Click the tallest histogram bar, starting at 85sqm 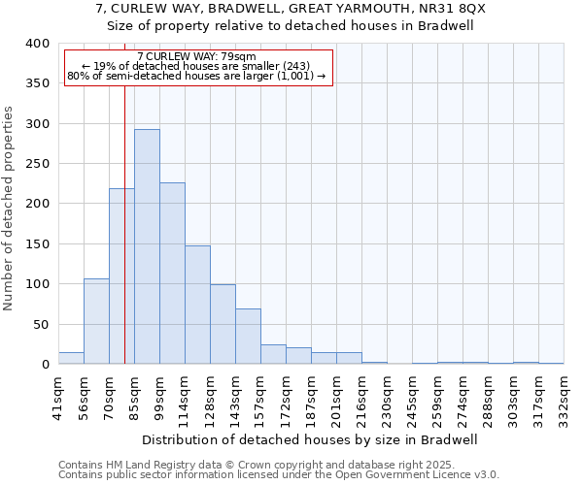pos(147,246)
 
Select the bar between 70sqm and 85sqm pos(121,276)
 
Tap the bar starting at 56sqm pos(96,321)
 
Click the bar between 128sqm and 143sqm pos(223,324)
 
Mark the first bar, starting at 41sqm pos(71,358)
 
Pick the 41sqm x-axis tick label pos(58,395)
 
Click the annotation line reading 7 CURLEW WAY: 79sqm pos(197,56)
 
